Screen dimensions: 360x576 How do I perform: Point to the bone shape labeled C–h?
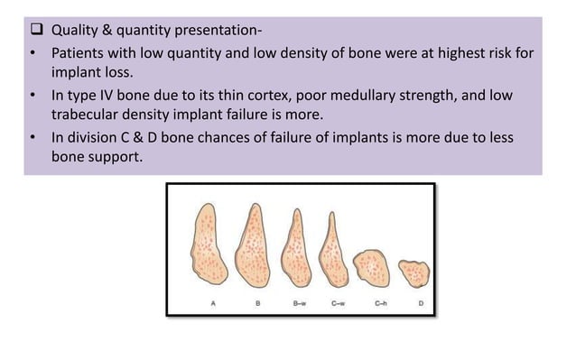[370, 268]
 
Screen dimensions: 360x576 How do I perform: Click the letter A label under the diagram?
[213, 304]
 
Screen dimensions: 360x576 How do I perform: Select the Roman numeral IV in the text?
[113, 97]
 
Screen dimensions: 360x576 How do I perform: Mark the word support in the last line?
[119, 156]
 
